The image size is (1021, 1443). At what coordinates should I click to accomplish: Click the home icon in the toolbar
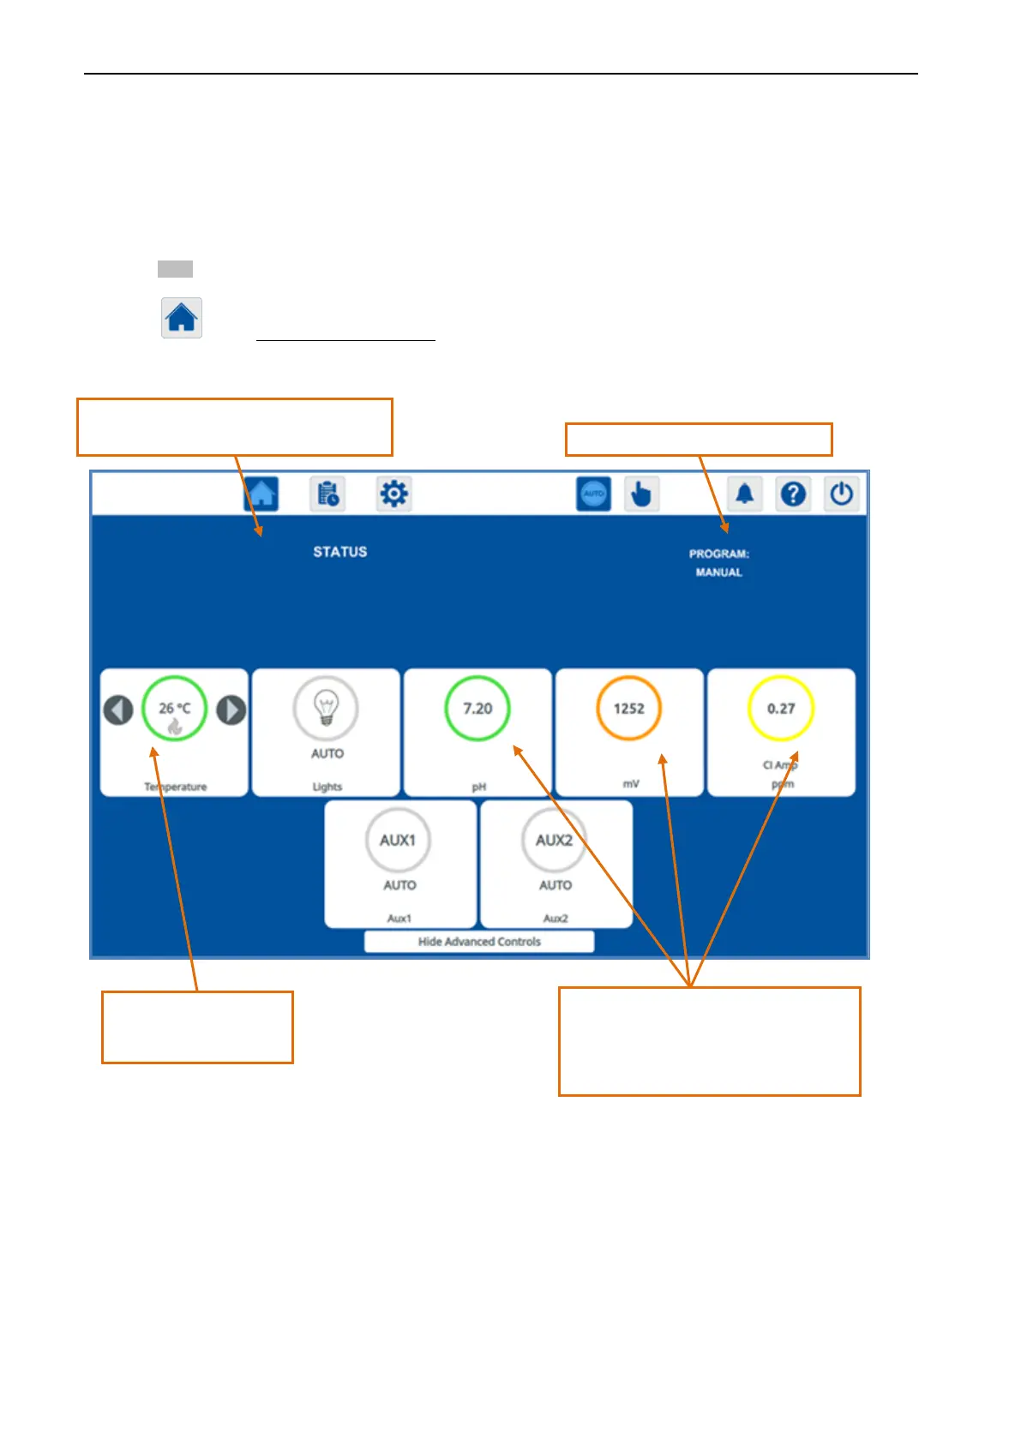tap(261, 494)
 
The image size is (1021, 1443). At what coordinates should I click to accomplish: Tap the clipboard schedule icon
tap(327, 494)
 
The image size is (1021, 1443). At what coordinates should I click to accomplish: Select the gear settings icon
tap(394, 494)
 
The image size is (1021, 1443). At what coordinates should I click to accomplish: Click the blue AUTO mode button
tap(593, 494)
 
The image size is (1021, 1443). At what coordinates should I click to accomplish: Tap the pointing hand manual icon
tap(641, 494)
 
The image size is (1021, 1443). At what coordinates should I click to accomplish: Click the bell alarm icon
tap(745, 494)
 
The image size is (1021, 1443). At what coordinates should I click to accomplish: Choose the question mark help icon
tap(794, 494)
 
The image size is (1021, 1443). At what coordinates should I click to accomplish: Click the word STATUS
tap(340, 552)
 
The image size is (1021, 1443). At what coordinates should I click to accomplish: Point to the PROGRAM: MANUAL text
tap(719, 563)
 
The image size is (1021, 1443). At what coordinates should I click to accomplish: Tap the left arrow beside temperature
tap(118, 710)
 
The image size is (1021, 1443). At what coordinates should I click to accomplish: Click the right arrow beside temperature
tap(231, 710)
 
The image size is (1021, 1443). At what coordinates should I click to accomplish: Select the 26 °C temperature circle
tap(175, 709)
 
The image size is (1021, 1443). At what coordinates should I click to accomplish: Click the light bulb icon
tap(326, 709)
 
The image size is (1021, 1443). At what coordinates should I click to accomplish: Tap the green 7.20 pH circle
tap(477, 709)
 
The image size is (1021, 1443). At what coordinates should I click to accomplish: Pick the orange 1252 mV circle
tap(628, 709)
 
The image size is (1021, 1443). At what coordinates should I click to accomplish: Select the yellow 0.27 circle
tap(781, 709)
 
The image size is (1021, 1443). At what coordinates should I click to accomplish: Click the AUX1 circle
tap(399, 840)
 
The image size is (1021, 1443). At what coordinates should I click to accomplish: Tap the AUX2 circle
tap(555, 840)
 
